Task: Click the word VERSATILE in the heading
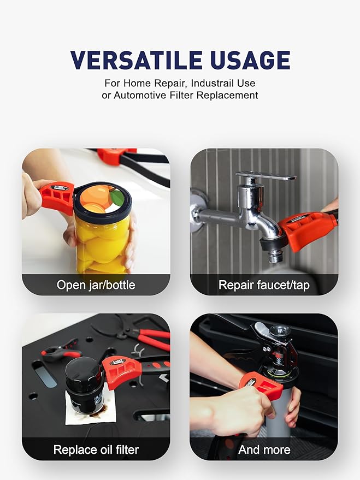(136, 60)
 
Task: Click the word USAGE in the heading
(250, 60)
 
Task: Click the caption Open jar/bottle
(96, 285)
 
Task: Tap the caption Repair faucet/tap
(264, 285)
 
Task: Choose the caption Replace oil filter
(96, 450)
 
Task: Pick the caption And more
(264, 450)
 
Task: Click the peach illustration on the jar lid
(103, 199)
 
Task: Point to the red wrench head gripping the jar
(57, 198)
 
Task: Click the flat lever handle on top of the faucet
(267, 176)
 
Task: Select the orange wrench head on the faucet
(306, 229)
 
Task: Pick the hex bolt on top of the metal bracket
(280, 330)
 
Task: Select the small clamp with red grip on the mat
(61, 351)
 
